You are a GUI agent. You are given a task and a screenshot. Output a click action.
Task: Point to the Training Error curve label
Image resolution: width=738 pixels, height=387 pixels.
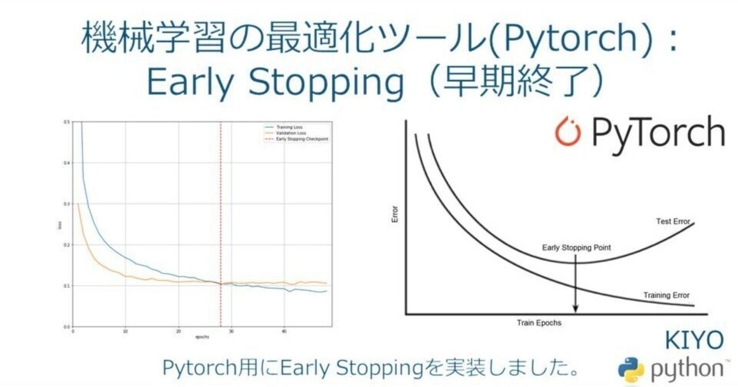point(667,295)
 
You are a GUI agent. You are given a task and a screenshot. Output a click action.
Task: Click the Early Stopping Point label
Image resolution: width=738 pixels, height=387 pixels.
point(576,249)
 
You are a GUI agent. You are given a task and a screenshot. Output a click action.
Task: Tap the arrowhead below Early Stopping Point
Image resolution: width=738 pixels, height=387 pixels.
point(575,309)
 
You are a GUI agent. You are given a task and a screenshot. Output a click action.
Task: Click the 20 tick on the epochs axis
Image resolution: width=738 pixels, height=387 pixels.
point(178,332)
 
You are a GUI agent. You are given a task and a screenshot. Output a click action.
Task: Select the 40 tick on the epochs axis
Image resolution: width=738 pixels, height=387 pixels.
point(284,332)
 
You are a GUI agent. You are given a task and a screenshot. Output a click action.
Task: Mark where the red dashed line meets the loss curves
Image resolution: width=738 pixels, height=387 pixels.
point(220,284)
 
